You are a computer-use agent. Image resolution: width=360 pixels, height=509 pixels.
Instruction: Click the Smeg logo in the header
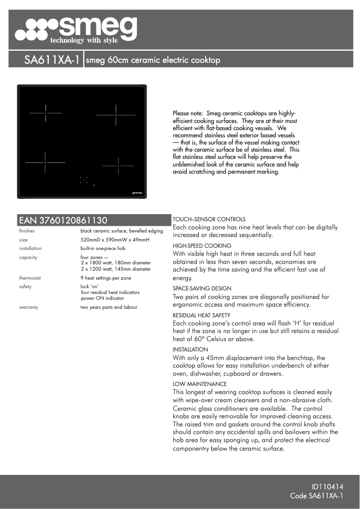point(76,31)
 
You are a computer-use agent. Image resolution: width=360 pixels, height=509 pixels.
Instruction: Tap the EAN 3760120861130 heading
point(62,220)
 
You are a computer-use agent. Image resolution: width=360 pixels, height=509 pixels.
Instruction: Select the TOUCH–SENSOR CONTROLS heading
point(209,219)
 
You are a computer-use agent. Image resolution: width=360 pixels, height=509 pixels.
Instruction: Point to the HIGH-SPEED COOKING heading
point(202,246)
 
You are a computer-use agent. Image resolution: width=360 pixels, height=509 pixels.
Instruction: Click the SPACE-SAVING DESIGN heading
point(202,289)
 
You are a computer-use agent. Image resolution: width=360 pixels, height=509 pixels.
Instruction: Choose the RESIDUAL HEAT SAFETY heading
point(202,316)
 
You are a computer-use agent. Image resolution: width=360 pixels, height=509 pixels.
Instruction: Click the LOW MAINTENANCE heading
point(200,384)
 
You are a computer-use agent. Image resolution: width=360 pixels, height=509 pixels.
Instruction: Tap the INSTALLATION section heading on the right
point(190,350)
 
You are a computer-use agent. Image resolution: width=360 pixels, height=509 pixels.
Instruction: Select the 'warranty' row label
point(28,307)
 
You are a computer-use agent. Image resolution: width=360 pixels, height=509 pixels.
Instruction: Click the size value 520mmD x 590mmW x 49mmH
point(112,240)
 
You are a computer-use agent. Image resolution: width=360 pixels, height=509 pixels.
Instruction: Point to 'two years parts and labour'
point(109,307)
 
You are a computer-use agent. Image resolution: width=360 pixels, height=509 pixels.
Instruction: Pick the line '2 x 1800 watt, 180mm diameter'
point(116,263)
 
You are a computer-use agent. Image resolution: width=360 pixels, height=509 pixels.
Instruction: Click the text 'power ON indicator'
point(102,298)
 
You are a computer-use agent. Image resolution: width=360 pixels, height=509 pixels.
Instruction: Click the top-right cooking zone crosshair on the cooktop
point(116,115)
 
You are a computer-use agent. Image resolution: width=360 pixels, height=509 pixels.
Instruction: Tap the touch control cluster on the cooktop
point(84,180)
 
